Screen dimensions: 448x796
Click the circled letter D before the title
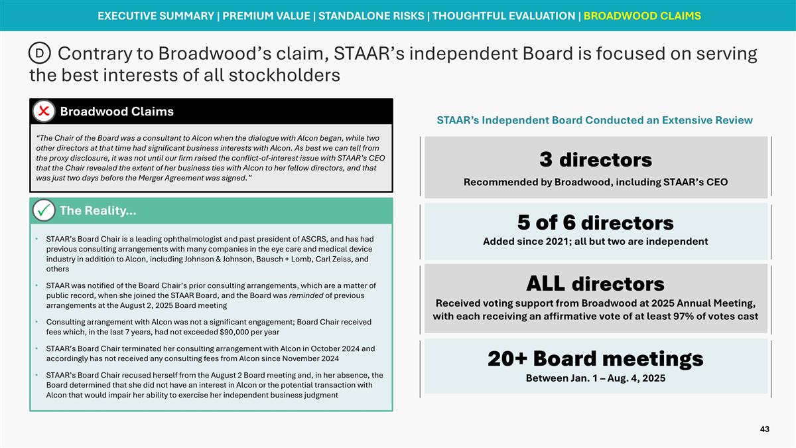pyautogui.click(x=40, y=52)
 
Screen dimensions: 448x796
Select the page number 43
pyautogui.click(x=764, y=429)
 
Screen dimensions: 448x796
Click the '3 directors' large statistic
pyautogui.click(x=595, y=160)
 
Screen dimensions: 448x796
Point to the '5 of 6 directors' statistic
pyautogui.click(x=595, y=222)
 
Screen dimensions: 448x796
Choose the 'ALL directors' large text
pyautogui.click(x=595, y=284)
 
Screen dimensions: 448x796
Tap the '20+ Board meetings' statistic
pyautogui.click(x=595, y=358)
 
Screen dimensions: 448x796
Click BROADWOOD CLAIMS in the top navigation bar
pyautogui.click(x=641, y=15)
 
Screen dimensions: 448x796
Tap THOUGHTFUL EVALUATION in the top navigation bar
pyautogui.click(x=504, y=15)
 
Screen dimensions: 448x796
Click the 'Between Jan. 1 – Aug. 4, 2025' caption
pyautogui.click(x=595, y=378)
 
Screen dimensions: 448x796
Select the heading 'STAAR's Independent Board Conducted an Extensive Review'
pyautogui.click(x=594, y=120)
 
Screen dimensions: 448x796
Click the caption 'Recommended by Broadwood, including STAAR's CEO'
pyautogui.click(x=595, y=182)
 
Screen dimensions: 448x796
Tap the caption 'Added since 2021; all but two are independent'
pyautogui.click(x=595, y=242)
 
